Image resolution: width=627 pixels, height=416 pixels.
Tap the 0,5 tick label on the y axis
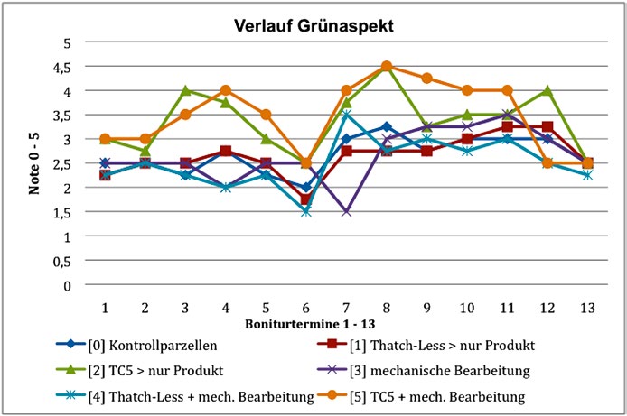[x=66, y=261]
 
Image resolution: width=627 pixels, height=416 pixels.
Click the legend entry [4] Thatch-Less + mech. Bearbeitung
[x=191, y=395]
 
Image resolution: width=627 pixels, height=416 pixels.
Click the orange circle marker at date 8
[x=386, y=66]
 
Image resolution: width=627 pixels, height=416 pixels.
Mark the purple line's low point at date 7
[x=346, y=212]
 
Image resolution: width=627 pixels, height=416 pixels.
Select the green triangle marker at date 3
[x=185, y=90]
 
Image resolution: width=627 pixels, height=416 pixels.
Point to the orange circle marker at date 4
[x=225, y=90]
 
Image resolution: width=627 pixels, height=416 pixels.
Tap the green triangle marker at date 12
[x=547, y=90]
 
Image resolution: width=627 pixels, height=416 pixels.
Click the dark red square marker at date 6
[x=305, y=199]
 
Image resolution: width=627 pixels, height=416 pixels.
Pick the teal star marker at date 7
[x=346, y=115]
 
